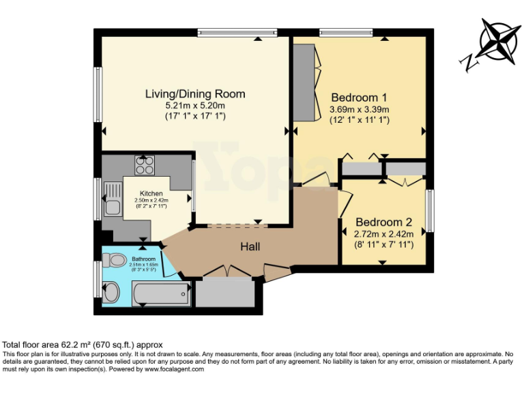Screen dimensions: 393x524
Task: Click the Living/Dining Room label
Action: coord(195,94)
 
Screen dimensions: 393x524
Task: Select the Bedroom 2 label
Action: coord(384,222)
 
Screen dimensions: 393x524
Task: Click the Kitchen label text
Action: coord(151,193)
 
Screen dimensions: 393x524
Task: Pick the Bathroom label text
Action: coord(144,259)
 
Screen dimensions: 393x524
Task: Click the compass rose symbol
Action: coord(499,41)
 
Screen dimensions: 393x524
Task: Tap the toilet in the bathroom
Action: coord(114,259)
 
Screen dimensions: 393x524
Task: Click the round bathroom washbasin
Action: coord(111,292)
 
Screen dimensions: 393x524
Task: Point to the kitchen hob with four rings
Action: coord(145,165)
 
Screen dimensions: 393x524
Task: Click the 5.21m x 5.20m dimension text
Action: coord(195,106)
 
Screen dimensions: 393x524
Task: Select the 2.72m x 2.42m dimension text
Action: coord(384,234)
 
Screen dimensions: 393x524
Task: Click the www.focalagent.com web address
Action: coord(174,369)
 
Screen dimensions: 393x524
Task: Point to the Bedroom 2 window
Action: coord(431,210)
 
